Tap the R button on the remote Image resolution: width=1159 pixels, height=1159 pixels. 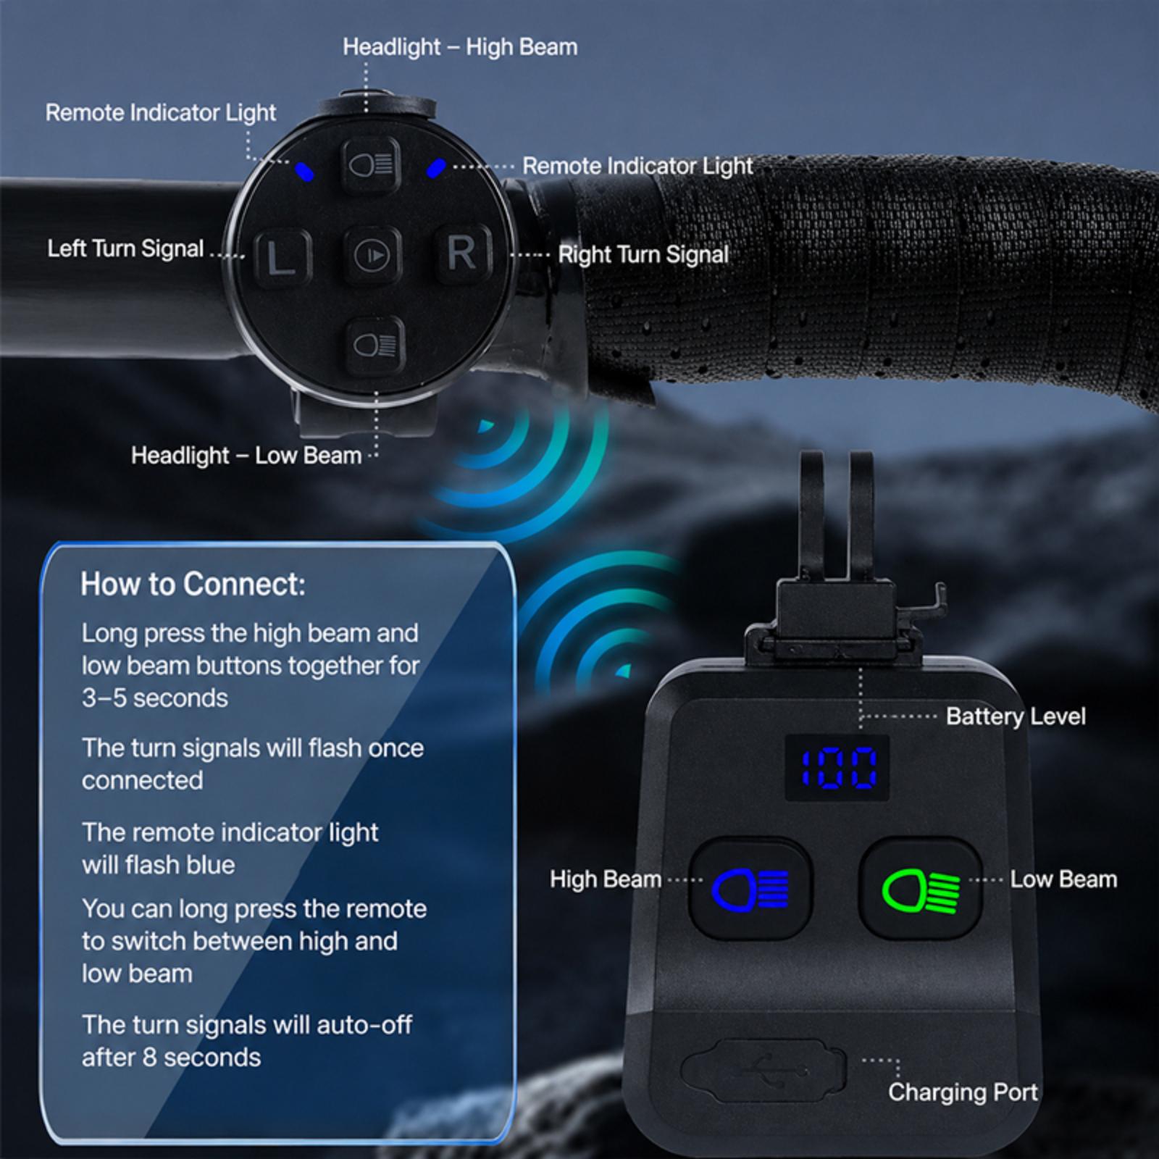coord(463,253)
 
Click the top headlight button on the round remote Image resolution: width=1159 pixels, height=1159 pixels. coord(371,165)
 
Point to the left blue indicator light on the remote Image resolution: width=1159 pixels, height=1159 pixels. coord(304,172)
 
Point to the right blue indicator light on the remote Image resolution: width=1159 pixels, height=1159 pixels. coord(435,168)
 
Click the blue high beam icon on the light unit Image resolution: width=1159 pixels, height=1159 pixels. coord(750,889)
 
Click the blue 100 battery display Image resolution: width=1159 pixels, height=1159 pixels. coord(838,768)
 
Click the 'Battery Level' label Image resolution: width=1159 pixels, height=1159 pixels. coord(1016,716)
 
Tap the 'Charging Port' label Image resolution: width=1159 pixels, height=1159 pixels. coord(963,1092)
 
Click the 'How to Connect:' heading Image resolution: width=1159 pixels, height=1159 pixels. coord(193,584)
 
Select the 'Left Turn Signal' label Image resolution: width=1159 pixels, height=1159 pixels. coord(125,248)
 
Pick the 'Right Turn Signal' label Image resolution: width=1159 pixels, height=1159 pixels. coord(643,254)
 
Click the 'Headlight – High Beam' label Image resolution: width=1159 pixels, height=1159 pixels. coord(460,47)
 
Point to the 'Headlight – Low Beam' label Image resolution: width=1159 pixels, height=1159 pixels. coord(246,456)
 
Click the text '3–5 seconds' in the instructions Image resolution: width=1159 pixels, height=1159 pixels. coord(155,698)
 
